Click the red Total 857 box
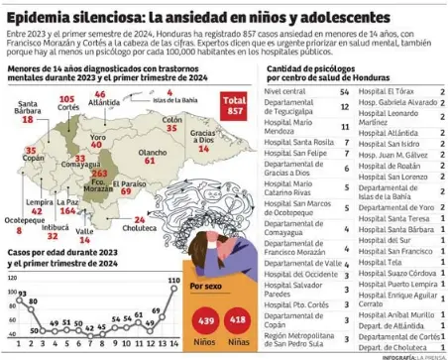[235, 107]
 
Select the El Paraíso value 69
[127, 190]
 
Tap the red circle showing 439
[206, 321]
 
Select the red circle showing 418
[239, 321]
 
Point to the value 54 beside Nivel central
[344, 90]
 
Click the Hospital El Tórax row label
[386, 90]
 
